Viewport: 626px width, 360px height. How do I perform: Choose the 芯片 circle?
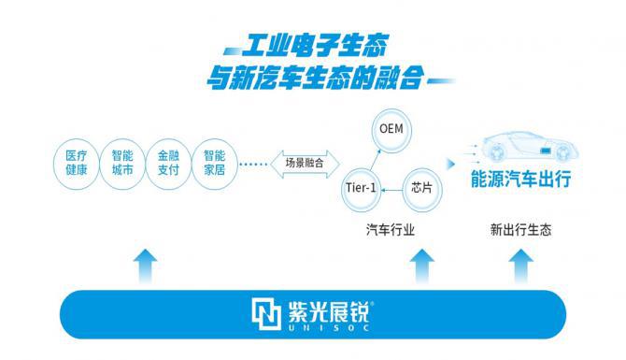coord(420,187)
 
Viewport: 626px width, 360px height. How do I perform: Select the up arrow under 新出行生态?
coord(519,266)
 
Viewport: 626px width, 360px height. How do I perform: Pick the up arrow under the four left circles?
coord(146,266)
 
